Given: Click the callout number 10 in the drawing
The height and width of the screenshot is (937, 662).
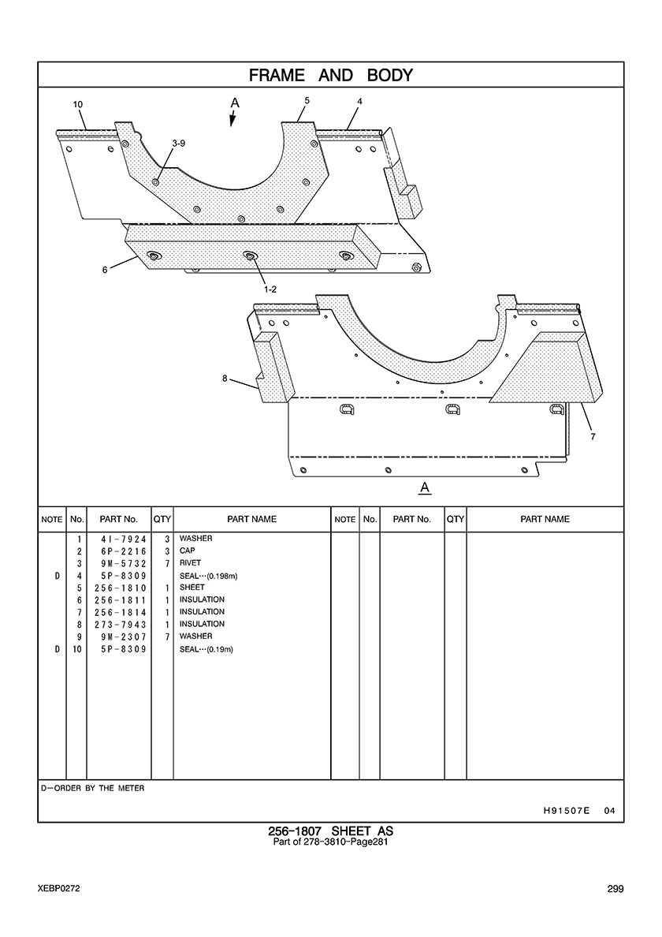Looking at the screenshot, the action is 77,105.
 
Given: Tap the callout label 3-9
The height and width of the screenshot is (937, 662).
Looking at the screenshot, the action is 178,144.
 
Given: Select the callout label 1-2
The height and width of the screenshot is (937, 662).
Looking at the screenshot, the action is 270,289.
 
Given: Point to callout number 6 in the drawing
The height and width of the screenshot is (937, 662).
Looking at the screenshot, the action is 105,270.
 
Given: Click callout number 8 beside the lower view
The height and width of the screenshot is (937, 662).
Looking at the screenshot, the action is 225,379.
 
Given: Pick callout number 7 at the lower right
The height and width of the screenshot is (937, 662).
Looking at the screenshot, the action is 593,437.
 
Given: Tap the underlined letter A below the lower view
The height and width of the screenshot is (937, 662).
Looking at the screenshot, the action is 425,488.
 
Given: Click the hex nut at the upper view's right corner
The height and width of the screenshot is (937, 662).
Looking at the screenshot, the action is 416,267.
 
